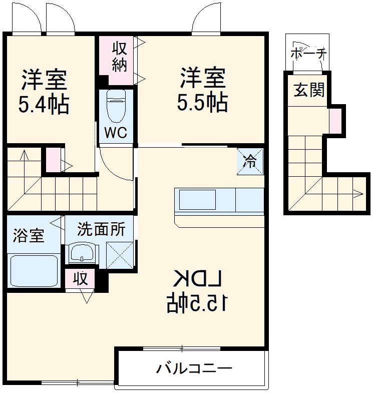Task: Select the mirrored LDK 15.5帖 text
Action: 197,291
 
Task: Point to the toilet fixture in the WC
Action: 116,106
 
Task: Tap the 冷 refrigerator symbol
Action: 249,161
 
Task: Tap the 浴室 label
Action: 29,235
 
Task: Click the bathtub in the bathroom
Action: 34,270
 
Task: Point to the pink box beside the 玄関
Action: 335,121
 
